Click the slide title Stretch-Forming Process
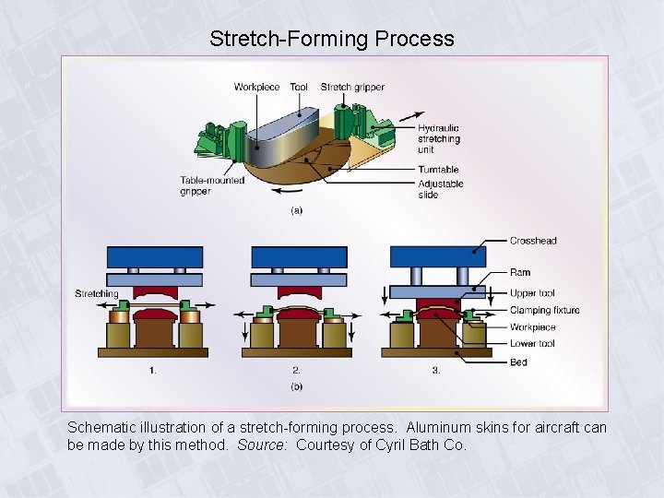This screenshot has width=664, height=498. point(332,39)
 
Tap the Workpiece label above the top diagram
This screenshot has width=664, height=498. point(256,88)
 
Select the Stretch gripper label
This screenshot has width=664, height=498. point(352,88)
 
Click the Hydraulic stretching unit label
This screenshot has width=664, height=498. point(439,139)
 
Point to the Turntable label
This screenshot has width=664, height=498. point(438,170)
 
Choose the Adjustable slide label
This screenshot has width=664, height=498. point(441,189)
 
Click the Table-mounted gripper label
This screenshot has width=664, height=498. point(212,185)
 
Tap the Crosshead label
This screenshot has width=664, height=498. point(533,241)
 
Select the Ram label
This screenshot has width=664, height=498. point(520,273)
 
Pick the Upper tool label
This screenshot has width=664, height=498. point(532,292)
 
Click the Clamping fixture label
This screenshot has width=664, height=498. point(544,310)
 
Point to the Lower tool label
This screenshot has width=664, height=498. point(532,344)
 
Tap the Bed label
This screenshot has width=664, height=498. point(518,362)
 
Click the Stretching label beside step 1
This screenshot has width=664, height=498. point(97,293)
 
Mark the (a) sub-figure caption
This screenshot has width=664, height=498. point(297,210)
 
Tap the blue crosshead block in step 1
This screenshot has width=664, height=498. point(154,256)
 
